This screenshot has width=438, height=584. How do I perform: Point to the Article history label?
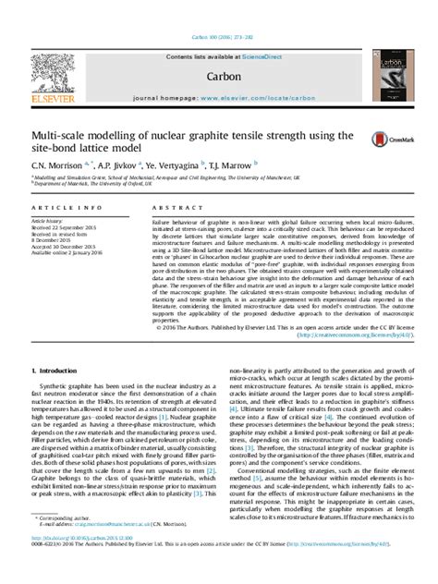pos(46,222)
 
